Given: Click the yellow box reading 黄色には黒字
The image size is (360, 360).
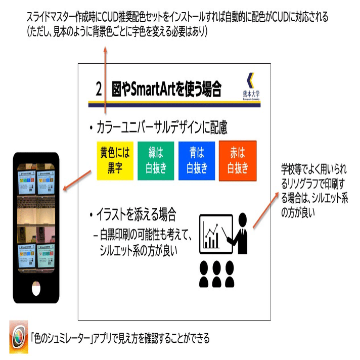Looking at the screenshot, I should pos(114,161).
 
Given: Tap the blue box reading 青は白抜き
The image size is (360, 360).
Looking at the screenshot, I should pos(197,161).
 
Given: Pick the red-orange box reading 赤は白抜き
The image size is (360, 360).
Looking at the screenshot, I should pos(238,161).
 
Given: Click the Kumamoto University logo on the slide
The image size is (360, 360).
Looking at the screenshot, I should pos(250,88).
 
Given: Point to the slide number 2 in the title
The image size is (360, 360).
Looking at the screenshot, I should pos(99,89).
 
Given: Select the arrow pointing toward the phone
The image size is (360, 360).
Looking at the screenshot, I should pos(76,181).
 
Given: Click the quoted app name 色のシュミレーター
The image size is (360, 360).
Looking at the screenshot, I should pos(61,338).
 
